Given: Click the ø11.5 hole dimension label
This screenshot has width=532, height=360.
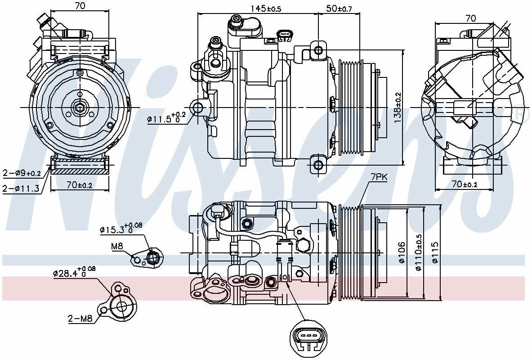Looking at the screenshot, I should pos(165,118).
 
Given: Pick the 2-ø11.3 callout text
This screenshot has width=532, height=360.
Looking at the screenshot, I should pos(20,188).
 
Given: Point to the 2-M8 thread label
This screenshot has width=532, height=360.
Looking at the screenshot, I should pos(80,319).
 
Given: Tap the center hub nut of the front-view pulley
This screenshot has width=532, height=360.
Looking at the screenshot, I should pos(80,108).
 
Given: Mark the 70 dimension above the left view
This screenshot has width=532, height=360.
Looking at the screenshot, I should pos(80,6).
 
